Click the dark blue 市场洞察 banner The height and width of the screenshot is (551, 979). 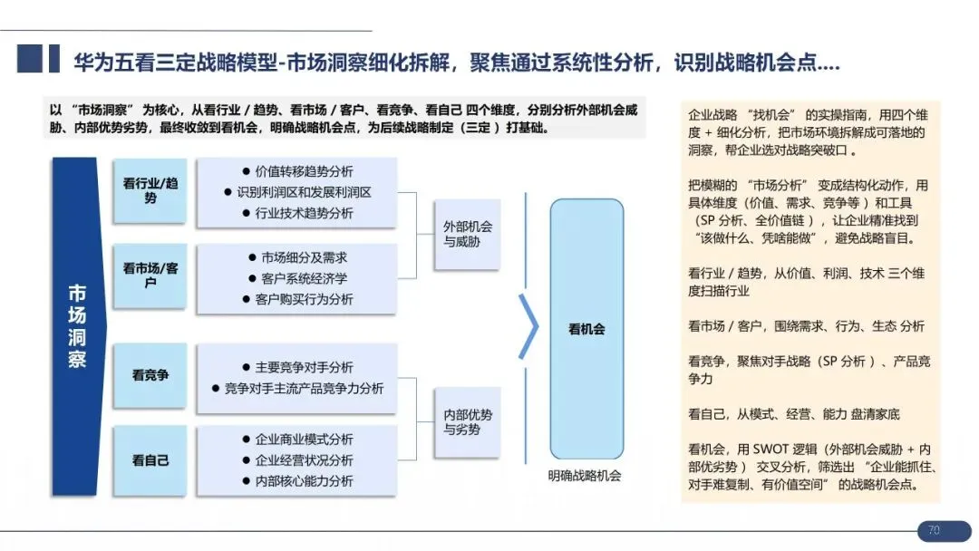coord(78,327)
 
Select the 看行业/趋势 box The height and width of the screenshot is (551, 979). coord(150,190)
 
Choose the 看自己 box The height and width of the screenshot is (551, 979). coord(150,460)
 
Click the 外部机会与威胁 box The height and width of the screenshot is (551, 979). coord(467,235)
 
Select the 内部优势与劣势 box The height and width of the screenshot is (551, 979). coord(467,422)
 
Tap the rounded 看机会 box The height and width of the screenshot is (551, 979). coord(586,330)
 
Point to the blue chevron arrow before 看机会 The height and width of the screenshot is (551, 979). coord(528,326)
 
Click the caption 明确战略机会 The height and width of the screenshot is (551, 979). coord(585,476)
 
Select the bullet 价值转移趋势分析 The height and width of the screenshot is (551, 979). coord(297,171)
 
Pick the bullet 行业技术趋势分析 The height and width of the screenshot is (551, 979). coord(297,213)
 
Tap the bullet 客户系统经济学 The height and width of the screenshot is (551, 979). coord(297,278)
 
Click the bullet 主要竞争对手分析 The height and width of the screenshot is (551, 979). coord(297,367)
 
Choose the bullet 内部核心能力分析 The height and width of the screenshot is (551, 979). coord(297,481)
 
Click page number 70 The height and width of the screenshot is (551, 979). coord(934,530)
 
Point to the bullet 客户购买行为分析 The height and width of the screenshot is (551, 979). coord(297,299)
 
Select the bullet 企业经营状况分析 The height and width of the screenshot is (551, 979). coord(297,460)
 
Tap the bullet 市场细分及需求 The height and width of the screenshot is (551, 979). coord(297,257)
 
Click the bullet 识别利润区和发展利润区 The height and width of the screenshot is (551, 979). coord(297,192)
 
